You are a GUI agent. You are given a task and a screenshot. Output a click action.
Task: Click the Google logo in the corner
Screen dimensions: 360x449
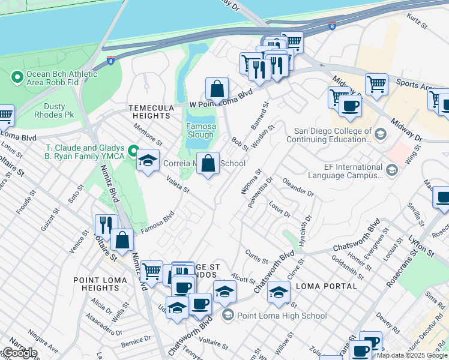coord(19,353)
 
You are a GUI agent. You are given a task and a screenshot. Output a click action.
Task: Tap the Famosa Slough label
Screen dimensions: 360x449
coord(200,131)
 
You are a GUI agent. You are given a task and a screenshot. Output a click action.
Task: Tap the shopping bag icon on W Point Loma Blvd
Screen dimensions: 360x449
coord(217,89)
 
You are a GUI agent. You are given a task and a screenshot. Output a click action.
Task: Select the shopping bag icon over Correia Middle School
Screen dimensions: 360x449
coord(208,163)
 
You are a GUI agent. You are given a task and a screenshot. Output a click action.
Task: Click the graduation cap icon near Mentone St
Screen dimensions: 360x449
coord(147,161)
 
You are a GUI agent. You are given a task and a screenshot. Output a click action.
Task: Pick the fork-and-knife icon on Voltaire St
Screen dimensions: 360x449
coord(106,226)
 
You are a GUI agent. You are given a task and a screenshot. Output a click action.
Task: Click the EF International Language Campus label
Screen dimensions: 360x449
coord(345,172)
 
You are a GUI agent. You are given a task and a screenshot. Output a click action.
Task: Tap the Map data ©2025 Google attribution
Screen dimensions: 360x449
coord(412,355)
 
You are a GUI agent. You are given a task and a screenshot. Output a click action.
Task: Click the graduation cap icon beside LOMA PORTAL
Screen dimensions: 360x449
coord(279,292)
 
